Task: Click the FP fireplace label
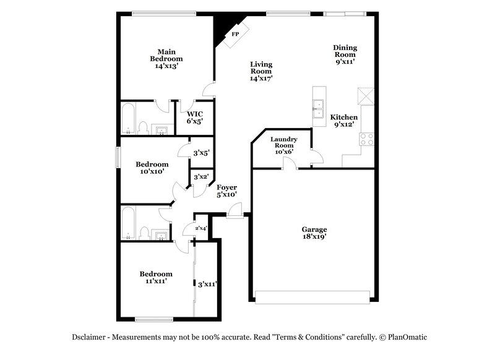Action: pyautogui.click(x=235, y=34)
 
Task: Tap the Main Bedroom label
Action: pyautogui.click(x=166, y=58)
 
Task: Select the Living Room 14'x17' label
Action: pyautogui.click(x=261, y=71)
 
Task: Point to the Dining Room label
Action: pyautogui.click(x=345, y=54)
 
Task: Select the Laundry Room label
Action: pyautogui.click(x=284, y=145)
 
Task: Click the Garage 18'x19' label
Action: pyautogui.click(x=314, y=233)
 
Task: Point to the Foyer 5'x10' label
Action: pyautogui.click(x=226, y=191)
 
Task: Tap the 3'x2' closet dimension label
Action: pyautogui.click(x=201, y=178)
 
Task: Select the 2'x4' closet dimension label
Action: pyautogui.click(x=201, y=228)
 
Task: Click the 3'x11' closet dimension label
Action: pyautogui.click(x=207, y=285)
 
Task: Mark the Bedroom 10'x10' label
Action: pyautogui.click(x=152, y=168)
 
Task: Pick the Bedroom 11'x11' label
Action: pyautogui.click(x=155, y=277)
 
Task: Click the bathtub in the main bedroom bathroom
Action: pyautogui.click(x=129, y=119)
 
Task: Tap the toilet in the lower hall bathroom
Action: pyautogui.click(x=144, y=233)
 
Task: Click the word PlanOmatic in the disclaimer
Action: pyautogui.click(x=406, y=337)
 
